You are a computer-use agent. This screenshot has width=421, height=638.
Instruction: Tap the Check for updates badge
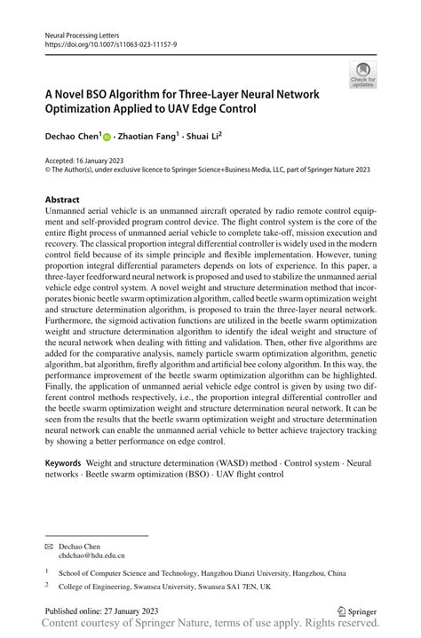click(x=362, y=75)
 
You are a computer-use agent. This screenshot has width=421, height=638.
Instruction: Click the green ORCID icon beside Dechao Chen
click(x=107, y=138)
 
